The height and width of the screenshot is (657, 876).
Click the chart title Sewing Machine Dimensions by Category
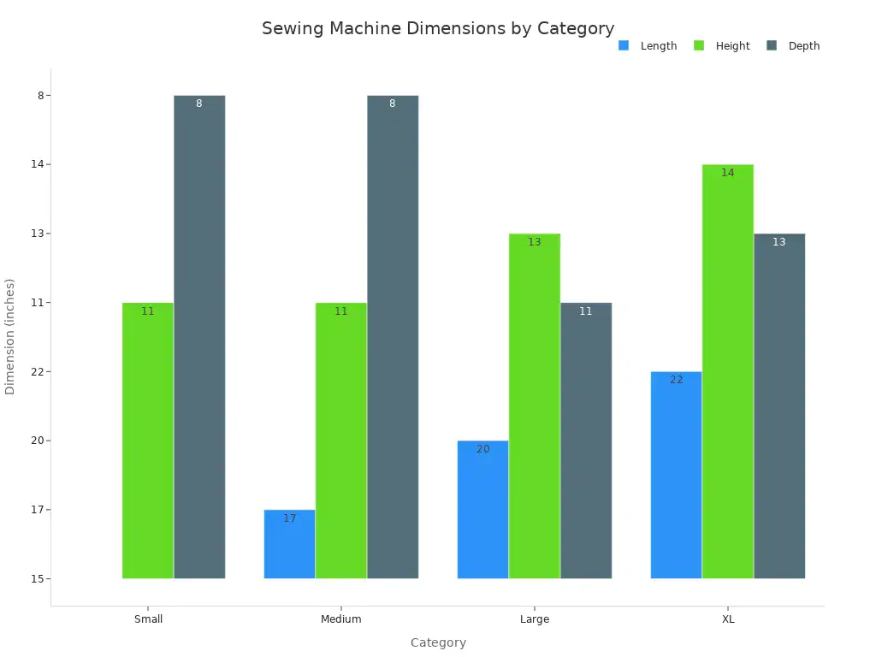[x=438, y=28]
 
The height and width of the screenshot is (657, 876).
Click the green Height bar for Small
[x=148, y=441]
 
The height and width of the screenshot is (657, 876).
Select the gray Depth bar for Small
[x=199, y=337]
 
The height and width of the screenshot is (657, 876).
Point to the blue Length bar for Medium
[x=290, y=544]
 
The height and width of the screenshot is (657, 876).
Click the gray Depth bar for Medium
[x=393, y=337]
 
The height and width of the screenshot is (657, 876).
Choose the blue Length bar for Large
[x=483, y=510]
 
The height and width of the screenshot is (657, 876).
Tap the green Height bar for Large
[x=535, y=406]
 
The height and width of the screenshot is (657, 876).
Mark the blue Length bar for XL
[x=677, y=475]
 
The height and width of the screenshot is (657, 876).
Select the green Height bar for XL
[x=728, y=371]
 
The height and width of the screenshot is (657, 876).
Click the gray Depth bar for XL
[x=779, y=406]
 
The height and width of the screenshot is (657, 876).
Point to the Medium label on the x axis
[x=341, y=619]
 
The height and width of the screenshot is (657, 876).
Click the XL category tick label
[x=728, y=619]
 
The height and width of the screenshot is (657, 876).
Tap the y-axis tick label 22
[x=37, y=372]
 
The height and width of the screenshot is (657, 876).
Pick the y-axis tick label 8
[x=40, y=96]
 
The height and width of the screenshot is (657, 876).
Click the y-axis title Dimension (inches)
[x=10, y=336]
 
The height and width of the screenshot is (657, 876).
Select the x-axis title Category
[x=438, y=643]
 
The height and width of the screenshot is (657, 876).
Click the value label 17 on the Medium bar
[x=290, y=518]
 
